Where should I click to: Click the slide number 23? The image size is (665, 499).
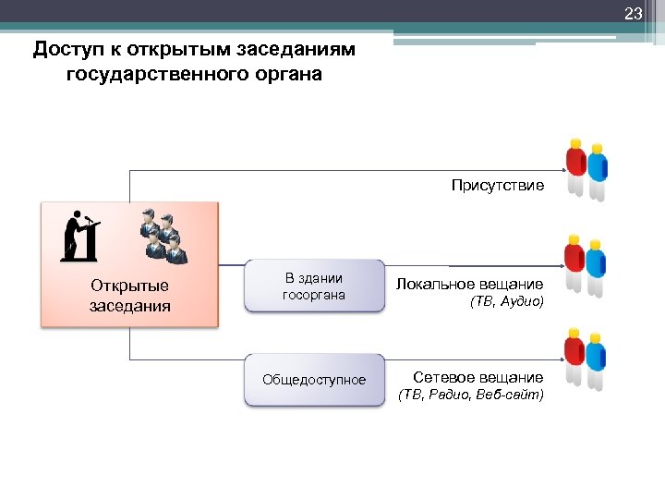(x=633, y=14)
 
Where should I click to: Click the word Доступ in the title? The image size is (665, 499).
(x=66, y=49)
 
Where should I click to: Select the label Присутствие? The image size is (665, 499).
(x=497, y=186)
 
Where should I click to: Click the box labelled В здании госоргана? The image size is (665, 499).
(x=314, y=286)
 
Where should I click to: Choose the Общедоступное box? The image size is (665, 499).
(x=314, y=380)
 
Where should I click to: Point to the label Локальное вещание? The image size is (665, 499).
(x=469, y=284)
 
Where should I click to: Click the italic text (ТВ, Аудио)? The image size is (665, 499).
(x=507, y=302)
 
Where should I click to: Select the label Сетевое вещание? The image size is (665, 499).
(x=478, y=377)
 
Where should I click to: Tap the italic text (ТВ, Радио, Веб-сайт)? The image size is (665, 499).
(x=471, y=396)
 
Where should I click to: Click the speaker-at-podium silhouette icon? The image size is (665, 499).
(x=80, y=236)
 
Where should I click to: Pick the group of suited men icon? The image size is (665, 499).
(x=162, y=237)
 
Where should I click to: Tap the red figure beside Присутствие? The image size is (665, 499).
(x=575, y=166)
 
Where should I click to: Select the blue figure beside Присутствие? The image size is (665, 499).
(x=598, y=171)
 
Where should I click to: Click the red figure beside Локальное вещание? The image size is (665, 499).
(x=575, y=262)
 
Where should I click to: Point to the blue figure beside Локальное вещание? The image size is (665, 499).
(x=598, y=266)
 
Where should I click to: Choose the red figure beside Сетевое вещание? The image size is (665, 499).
(x=575, y=355)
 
